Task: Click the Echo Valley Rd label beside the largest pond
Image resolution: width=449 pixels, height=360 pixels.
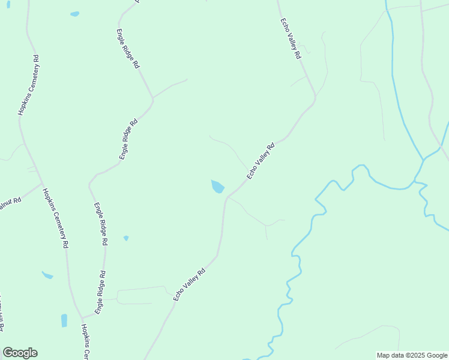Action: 261,161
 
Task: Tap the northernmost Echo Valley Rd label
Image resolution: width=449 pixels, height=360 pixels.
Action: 289,38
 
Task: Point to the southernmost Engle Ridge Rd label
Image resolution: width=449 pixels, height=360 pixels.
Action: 103,291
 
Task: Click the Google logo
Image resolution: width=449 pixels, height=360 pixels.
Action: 20,353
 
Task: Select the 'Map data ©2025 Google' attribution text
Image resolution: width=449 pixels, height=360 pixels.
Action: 412,355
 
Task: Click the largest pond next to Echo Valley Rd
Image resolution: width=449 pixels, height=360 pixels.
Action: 217,187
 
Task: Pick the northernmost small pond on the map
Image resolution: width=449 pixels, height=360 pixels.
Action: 74,14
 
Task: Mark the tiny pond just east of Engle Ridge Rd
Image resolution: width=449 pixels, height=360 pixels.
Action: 126,238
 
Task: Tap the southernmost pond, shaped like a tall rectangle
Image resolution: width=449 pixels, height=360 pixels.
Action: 64,320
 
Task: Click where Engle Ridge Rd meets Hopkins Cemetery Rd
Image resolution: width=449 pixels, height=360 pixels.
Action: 81,317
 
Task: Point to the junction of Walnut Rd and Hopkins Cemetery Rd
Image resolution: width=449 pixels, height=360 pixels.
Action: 41,183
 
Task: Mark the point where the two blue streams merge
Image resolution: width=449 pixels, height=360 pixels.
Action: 423,160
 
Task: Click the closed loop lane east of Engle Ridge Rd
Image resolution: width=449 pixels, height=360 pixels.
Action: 142,295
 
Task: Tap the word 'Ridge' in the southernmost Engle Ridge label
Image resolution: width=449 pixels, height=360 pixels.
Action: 103,290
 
